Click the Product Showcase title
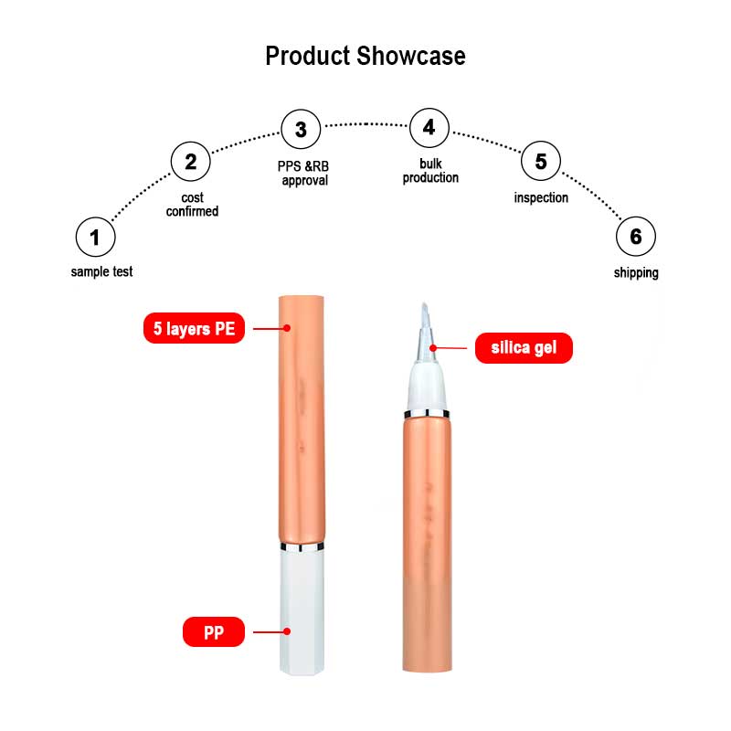[x=365, y=56]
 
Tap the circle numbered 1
[x=95, y=238]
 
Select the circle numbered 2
[x=190, y=163]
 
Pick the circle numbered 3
[x=301, y=130]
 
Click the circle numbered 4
[x=429, y=128]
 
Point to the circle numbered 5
[x=541, y=163]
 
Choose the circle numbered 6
[x=635, y=238]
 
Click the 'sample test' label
[x=102, y=272]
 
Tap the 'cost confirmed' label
[x=192, y=205]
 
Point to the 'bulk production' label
[x=430, y=171]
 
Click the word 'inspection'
[x=541, y=197]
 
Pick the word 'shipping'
[x=636, y=272]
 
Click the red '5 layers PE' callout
[x=195, y=328]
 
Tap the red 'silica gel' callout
[x=524, y=347]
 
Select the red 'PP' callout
[x=213, y=630]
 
